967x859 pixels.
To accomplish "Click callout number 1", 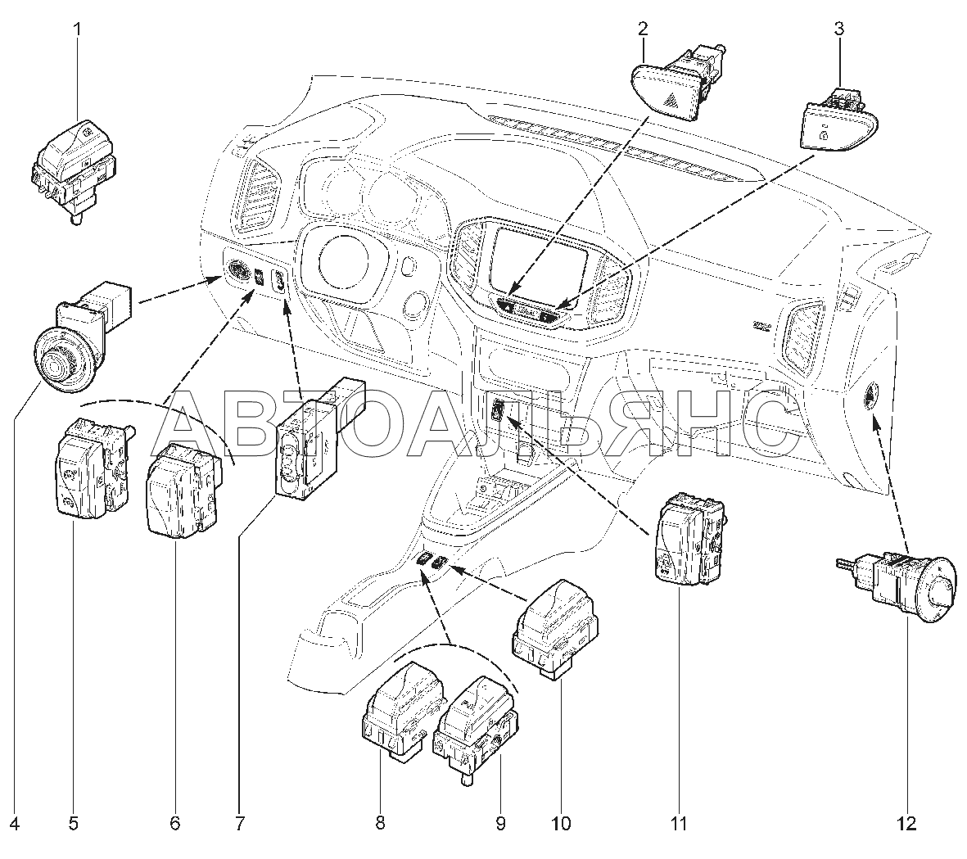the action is point(78,29).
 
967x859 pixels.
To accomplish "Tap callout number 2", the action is point(644,29).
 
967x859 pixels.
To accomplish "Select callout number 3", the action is point(838,29).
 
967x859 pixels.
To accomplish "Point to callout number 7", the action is point(239,823).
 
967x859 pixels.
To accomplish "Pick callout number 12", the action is point(907,823).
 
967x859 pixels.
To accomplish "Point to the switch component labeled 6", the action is point(183,486).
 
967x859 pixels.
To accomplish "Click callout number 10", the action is point(561,823).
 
